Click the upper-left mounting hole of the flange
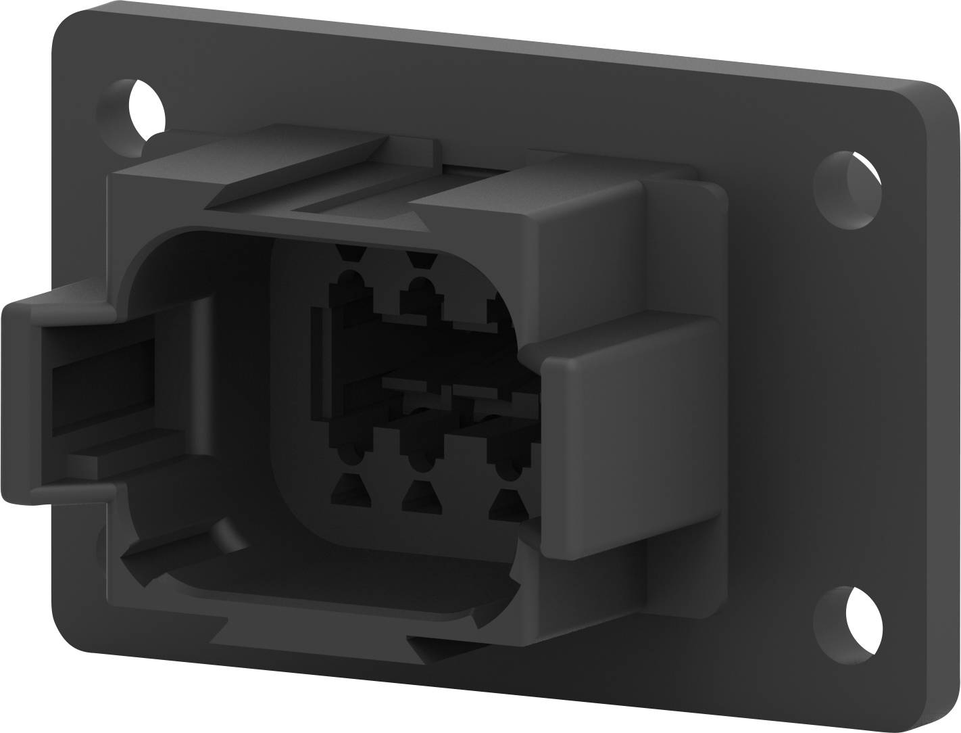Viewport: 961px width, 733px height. pos(141,108)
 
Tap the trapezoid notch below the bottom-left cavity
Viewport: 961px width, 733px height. pos(351,490)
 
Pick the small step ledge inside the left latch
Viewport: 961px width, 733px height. pos(108,460)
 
